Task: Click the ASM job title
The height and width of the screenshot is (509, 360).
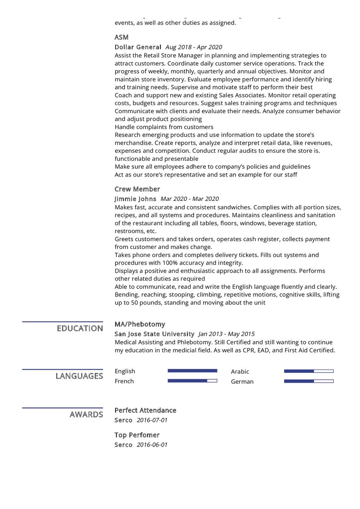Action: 121,37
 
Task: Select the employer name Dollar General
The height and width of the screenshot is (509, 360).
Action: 138,47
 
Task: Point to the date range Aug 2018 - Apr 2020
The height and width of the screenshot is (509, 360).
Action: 194,47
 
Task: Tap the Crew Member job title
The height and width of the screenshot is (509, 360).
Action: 137,189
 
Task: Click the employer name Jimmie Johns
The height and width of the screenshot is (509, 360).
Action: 135,199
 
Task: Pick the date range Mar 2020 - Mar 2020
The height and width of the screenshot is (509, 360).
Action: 190,199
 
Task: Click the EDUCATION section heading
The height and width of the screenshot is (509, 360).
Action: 80,328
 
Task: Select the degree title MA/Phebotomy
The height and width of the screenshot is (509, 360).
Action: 140,324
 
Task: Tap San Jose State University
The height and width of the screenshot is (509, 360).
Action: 155,334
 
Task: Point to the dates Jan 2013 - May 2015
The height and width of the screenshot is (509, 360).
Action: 227,334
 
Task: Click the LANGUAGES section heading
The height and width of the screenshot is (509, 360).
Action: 79,376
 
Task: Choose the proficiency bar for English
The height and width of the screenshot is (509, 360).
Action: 192,371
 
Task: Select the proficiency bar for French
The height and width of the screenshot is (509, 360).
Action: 192,381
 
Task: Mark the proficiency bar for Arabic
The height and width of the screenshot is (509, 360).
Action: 309,371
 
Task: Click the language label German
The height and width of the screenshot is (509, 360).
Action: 242,381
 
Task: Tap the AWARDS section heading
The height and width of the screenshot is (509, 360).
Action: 86,415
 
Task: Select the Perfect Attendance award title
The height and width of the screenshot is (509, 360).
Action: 145,410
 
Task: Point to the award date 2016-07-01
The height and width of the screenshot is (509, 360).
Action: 152,420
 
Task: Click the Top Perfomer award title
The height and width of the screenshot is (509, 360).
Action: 137,435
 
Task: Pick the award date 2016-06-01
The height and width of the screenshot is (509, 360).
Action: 152,445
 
